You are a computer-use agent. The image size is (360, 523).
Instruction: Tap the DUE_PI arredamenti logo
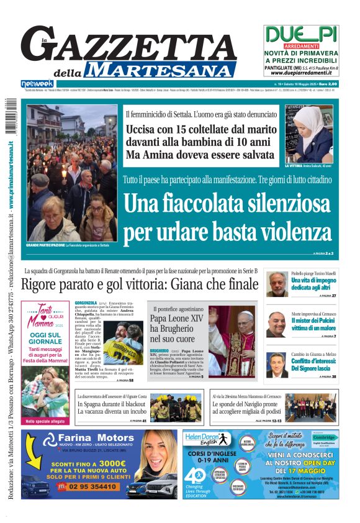coord(302,35)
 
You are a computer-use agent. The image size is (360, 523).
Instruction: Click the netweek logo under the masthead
coord(37,83)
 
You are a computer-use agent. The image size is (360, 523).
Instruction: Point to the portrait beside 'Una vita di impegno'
coord(277,284)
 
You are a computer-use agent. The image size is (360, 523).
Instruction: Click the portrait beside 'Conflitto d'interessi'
coord(277,365)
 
